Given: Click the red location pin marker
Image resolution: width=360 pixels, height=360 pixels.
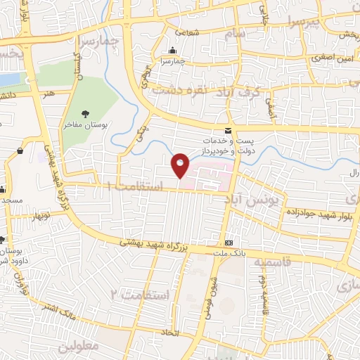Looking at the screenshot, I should tap(181, 165).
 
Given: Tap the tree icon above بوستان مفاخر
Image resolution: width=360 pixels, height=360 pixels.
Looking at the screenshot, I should tap(86, 112).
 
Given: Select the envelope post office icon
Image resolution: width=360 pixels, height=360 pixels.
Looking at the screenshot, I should tap(227, 131).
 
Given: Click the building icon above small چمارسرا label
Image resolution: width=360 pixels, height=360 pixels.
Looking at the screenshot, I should tap(173, 50).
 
